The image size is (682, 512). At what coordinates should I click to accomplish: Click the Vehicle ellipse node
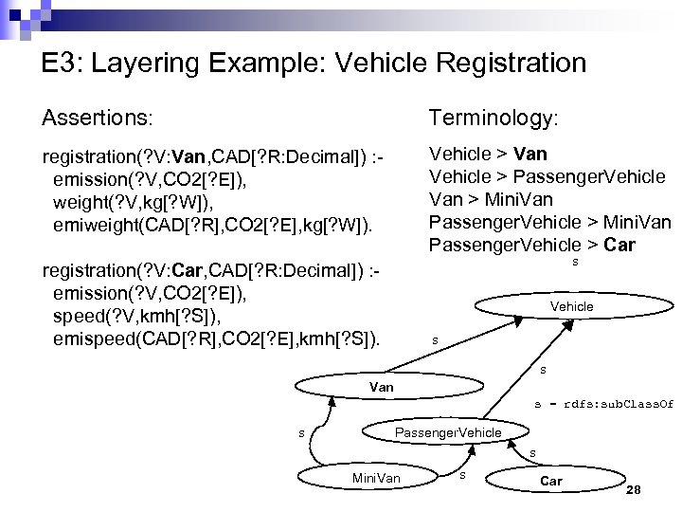coord(571,306)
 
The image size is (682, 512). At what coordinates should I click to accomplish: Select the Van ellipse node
coord(381,387)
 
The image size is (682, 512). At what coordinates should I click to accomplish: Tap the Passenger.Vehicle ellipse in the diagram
coord(447,432)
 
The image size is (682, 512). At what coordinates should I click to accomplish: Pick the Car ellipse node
coord(550,481)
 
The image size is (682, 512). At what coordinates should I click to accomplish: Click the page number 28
coord(635,490)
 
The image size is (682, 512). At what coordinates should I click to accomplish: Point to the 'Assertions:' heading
coord(96,118)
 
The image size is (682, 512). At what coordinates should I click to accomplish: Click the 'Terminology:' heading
coord(494,118)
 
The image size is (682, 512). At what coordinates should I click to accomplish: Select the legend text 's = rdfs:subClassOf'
coord(603,404)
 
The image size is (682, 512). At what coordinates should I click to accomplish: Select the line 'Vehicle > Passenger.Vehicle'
coord(547,176)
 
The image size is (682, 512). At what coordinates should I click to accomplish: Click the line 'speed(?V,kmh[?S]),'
coord(140,316)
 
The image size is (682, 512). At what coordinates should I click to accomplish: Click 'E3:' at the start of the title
coord(63,64)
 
